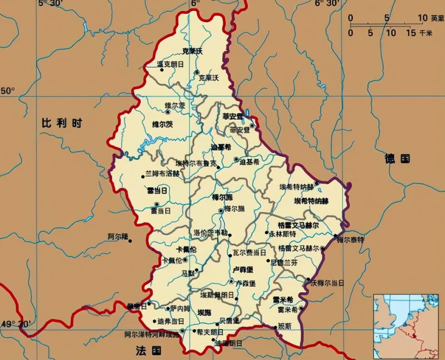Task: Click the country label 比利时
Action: pyautogui.click(x=61, y=123)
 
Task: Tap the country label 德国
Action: pyautogui.click(x=397, y=159)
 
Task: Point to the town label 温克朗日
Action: pyautogui.click(x=170, y=64)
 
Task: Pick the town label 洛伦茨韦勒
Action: pyautogui.click(x=209, y=232)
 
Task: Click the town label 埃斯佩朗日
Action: pyautogui.click(x=218, y=295)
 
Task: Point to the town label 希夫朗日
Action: pyautogui.click(x=210, y=332)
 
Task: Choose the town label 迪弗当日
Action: pyautogui.click(x=171, y=321)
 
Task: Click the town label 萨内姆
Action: pyautogui.click(x=180, y=308)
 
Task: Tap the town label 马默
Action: pyautogui.click(x=188, y=273)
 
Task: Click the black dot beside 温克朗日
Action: pyautogui.click(x=162, y=70)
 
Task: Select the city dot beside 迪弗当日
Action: pyautogui.click(x=155, y=320)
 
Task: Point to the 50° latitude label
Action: pyautogui.click(x=8, y=91)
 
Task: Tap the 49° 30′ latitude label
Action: pyautogui.click(x=16, y=324)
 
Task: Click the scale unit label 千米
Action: pyautogui.click(x=426, y=33)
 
